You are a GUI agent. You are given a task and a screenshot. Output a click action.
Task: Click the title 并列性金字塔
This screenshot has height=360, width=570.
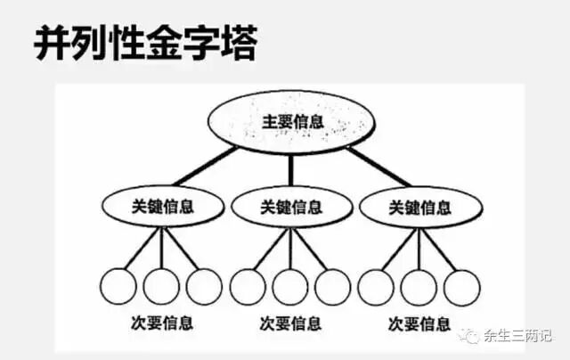pos(145,44)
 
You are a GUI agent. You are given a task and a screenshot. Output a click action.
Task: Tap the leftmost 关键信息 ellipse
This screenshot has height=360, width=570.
pos(161,207)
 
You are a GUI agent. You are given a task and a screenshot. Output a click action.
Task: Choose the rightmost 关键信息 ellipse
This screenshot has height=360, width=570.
pos(419,207)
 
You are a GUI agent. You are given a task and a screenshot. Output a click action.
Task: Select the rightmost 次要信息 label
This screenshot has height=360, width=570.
pos(419,323)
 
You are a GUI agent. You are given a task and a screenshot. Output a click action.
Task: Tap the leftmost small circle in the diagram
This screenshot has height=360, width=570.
pos(118,286)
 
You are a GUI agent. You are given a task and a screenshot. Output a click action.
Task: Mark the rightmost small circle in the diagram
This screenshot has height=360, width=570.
pos(462,286)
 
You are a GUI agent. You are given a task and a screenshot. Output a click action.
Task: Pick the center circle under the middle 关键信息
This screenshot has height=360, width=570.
pos(290,286)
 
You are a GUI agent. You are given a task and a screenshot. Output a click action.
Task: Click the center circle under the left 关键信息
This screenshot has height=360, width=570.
pos(161,286)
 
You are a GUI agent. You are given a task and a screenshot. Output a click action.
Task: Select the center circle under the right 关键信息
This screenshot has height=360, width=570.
pos(419,286)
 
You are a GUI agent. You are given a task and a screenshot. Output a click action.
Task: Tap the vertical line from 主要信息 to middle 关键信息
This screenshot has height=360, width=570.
pos(290,170)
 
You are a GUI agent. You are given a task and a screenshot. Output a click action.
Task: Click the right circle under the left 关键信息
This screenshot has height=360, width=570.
pos(204,286)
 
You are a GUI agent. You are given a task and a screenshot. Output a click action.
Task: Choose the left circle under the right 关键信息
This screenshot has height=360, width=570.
pos(376,286)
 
